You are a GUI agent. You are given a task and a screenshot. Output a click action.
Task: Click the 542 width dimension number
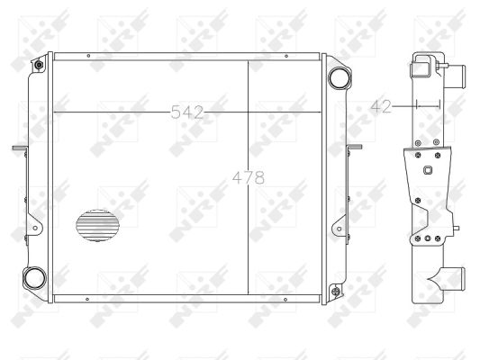186,112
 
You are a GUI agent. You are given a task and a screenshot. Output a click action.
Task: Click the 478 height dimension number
249,177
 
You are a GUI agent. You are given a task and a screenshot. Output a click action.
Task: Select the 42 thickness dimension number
381,106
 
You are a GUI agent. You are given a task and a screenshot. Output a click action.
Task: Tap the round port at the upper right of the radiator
340,77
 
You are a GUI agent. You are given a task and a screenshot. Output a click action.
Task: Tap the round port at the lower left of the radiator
34,278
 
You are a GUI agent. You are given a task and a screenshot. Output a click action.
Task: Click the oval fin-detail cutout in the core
97,225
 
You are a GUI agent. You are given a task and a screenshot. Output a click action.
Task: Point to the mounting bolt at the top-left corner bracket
39,65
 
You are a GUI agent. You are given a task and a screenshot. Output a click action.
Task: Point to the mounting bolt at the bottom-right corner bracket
336,291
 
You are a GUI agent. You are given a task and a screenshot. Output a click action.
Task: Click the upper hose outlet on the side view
455,76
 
